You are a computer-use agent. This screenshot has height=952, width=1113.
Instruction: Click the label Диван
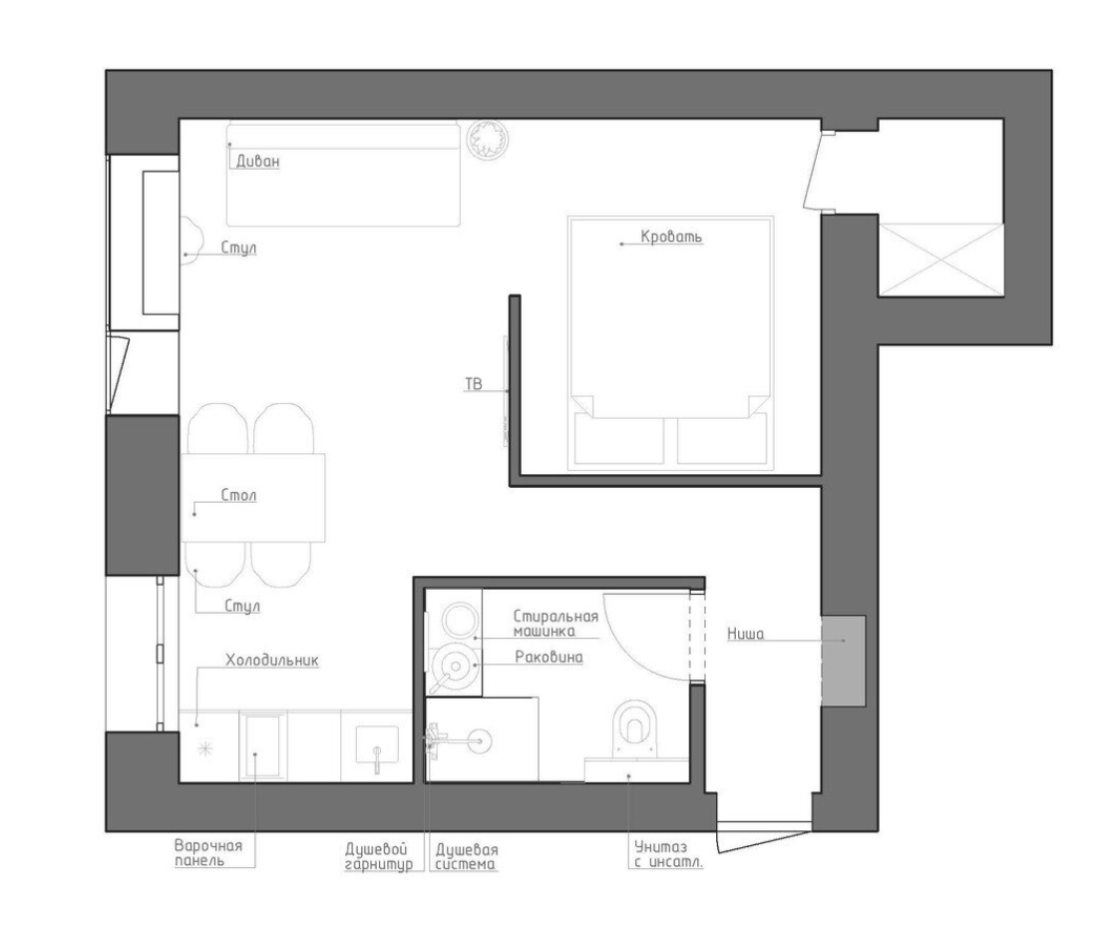tap(257, 162)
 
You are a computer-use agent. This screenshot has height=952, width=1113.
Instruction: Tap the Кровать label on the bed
tap(671, 236)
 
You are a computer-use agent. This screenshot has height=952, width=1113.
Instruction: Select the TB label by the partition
tap(474, 384)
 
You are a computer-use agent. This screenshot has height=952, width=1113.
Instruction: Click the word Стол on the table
tap(238, 495)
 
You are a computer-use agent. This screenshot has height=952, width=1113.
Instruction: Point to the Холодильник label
tap(272, 660)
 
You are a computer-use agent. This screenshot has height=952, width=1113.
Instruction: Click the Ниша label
tap(745, 633)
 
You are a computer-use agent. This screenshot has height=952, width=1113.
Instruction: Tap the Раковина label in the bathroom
tap(549, 658)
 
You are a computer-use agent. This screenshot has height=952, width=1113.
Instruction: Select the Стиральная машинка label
tap(556, 623)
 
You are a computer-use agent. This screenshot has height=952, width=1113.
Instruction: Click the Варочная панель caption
tap(208, 853)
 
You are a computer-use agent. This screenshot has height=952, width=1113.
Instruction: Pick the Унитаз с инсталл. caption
tap(668, 854)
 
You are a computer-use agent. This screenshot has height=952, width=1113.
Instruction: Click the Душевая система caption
tap(467, 857)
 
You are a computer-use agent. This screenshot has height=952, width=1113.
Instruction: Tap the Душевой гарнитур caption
tap(378, 857)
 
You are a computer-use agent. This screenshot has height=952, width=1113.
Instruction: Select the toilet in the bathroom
tap(636, 728)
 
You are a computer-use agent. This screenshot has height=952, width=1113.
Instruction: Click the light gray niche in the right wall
tap(844, 661)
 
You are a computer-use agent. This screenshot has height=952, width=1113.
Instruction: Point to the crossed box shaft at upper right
tap(940, 259)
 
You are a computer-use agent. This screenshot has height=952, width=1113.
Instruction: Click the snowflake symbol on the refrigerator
tap(205, 748)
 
